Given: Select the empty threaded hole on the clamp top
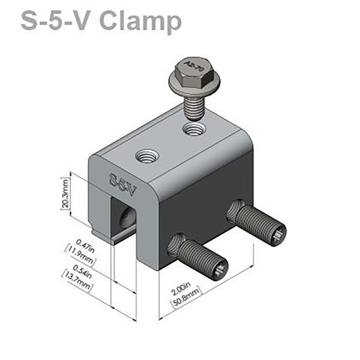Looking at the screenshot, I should pos(147,157).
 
